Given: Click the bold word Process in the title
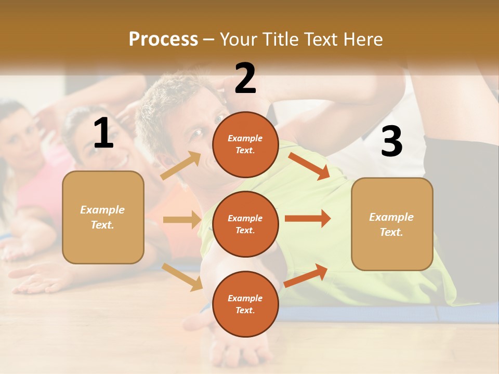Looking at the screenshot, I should (x=163, y=39).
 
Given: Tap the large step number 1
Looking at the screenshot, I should (x=103, y=133).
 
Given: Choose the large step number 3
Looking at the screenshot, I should (x=391, y=141).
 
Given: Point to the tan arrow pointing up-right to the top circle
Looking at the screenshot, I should (x=181, y=165).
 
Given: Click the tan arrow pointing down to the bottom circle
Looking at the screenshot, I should (x=182, y=276).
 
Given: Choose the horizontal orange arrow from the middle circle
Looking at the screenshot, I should (x=308, y=218).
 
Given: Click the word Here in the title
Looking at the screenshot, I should (x=362, y=39).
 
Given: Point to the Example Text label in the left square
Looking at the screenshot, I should (x=102, y=217).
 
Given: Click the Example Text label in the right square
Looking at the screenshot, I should (x=391, y=224).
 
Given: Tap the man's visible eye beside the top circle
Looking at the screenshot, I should (x=198, y=133).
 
